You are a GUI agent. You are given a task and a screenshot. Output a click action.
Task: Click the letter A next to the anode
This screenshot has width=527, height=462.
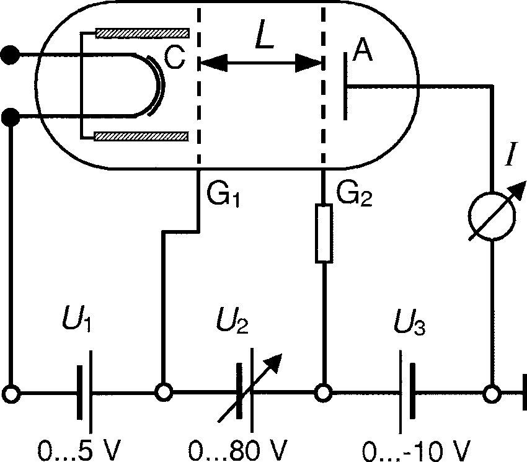click(362, 53)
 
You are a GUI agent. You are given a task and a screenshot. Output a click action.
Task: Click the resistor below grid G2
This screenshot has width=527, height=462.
click(324, 233)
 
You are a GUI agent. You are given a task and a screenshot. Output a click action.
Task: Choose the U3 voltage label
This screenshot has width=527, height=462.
click(411, 323)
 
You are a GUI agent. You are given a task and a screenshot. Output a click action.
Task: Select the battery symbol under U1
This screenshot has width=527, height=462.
click(86, 393)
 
